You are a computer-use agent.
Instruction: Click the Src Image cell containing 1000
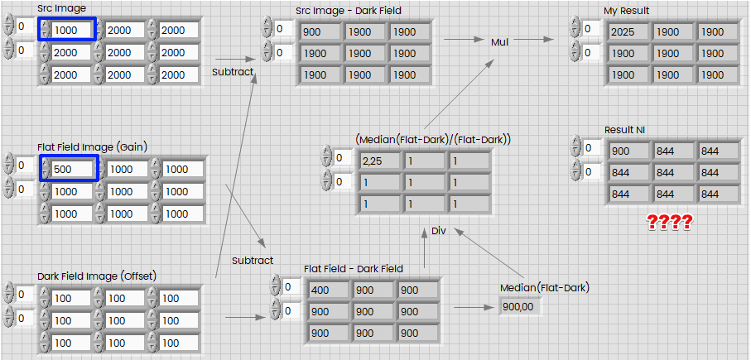click(x=71, y=30)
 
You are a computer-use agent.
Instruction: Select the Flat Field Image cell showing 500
click(x=71, y=169)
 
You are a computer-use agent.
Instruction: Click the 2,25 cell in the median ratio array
click(x=379, y=159)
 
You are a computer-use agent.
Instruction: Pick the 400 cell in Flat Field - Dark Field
click(x=327, y=290)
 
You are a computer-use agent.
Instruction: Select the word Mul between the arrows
click(x=500, y=42)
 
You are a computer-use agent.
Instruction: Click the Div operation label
click(x=439, y=231)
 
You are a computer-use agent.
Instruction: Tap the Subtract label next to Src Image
click(x=233, y=72)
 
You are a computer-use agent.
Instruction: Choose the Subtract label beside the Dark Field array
click(x=253, y=261)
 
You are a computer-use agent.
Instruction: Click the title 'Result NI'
click(x=625, y=130)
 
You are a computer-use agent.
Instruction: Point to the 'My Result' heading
click(x=627, y=11)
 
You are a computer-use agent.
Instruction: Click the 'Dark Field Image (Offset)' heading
click(x=97, y=276)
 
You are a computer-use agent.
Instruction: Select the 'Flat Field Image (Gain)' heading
click(x=91, y=146)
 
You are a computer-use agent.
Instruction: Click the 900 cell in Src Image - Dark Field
click(x=320, y=31)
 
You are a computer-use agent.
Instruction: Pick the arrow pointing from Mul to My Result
click(x=537, y=39)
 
